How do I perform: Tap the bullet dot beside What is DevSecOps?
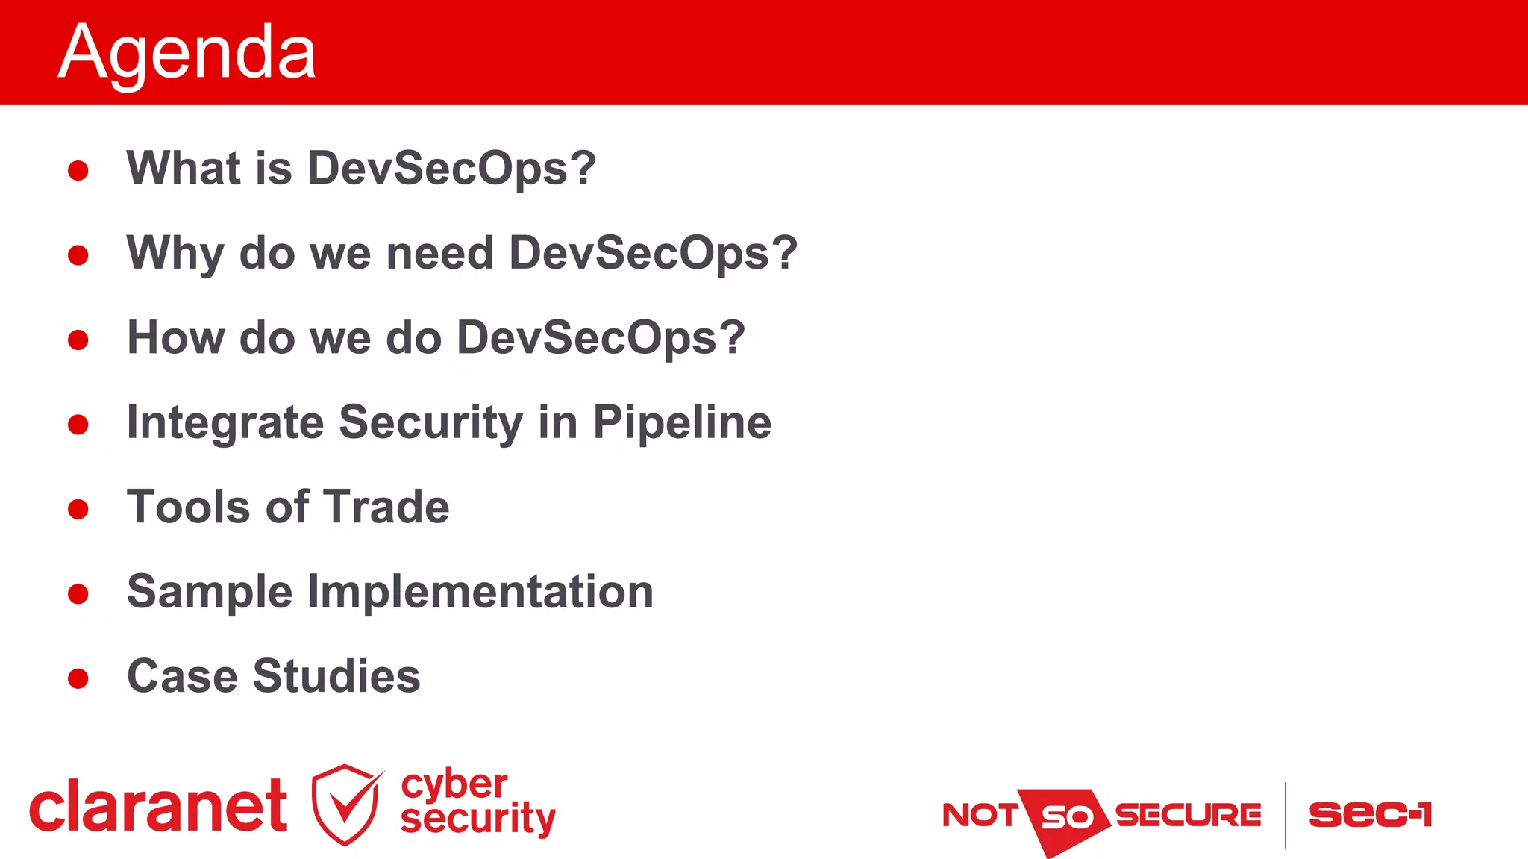pyautogui.click(x=78, y=171)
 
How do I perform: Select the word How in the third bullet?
pyautogui.click(x=175, y=337)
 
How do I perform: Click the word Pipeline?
pyautogui.click(x=682, y=423)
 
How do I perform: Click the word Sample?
pyautogui.click(x=210, y=593)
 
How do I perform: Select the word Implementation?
pyautogui.click(x=480, y=593)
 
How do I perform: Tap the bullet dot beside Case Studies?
pyautogui.click(x=78, y=678)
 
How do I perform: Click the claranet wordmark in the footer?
pyautogui.click(x=158, y=806)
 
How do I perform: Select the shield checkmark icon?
pyautogui.click(x=345, y=805)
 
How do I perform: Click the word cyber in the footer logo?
pyautogui.click(x=454, y=784)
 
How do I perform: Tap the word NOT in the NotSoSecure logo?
pyautogui.click(x=979, y=815)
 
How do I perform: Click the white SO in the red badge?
pyautogui.click(x=1066, y=818)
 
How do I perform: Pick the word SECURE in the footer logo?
pyautogui.click(x=1188, y=815)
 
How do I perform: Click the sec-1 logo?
pyautogui.click(x=1370, y=814)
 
